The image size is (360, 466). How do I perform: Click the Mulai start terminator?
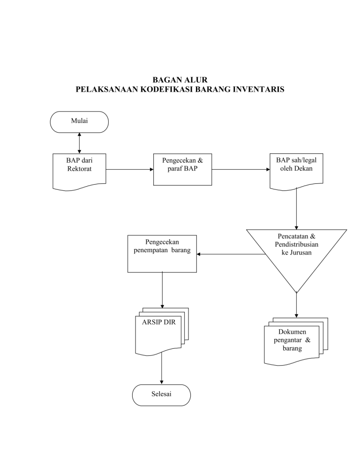pyautogui.click(x=79, y=121)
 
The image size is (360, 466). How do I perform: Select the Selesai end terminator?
pyautogui.click(x=161, y=395)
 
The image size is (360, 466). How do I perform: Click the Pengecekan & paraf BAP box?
pyautogui.click(x=182, y=169)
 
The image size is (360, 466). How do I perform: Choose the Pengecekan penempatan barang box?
pyautogui.click(x=162, y=253)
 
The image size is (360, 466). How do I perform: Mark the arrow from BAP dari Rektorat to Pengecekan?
pyautogui.click(x=129, y=169)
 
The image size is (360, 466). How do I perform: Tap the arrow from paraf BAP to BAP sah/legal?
pyautogui.click(x=240, y=169)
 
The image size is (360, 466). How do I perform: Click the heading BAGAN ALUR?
pyautogui.click(x=180, y=81)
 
